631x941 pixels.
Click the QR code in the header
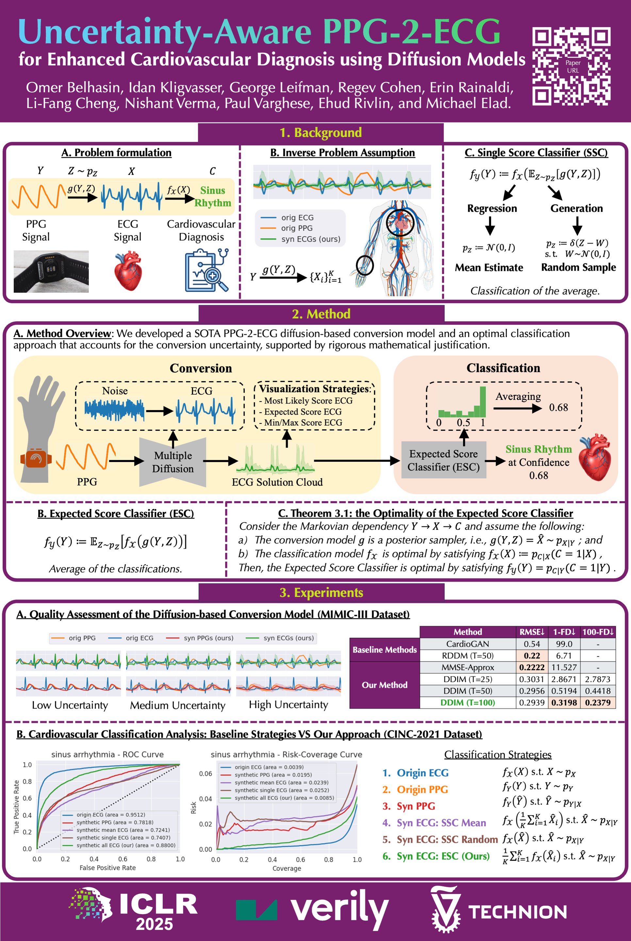(571, 66)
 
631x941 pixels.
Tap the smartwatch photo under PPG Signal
(51, 271)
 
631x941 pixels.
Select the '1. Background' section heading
(321, 133)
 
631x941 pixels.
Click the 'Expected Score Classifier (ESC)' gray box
(443, 460)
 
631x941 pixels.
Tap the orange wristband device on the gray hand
(36, 459)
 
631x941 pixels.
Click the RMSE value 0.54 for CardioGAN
(532, 644)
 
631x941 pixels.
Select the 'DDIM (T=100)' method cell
(467, 702)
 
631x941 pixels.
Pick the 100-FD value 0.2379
(598, 702)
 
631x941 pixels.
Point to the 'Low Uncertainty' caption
(70, 705)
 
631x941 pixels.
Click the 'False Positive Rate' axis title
(108, 868)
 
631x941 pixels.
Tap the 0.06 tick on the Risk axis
(205, 774)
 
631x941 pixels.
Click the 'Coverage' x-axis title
(287, 868)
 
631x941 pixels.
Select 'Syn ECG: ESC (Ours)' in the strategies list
(443, 856)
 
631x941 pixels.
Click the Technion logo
(499, 910)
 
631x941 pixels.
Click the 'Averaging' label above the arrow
(518, 396)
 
